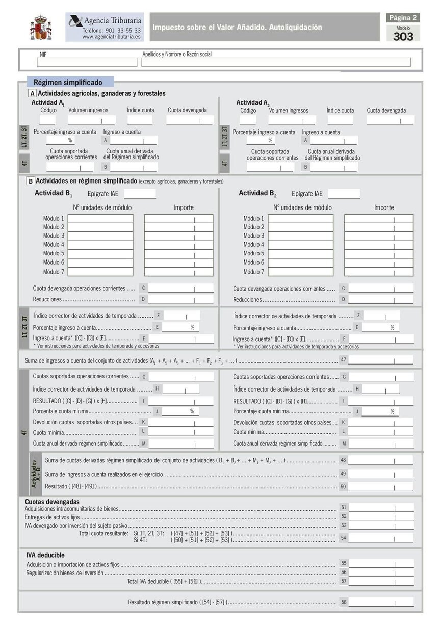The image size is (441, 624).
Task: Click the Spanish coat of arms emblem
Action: click(41, 28)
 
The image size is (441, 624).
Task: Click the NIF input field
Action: click(79, 62)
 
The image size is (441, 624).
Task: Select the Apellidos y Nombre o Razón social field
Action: click(276, 62)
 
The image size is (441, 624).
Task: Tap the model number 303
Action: click(403, 36)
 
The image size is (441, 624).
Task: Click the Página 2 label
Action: click(403, 18)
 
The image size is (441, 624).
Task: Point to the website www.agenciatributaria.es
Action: click(112, 37)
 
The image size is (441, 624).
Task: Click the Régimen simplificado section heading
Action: click(68, 82)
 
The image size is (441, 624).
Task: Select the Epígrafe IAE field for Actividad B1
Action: click(140, 194)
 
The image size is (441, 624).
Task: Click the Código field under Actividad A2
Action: click(248, 120)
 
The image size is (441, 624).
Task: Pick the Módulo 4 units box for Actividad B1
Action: click(100, 245)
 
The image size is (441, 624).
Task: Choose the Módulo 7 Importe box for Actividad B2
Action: click(378, 272)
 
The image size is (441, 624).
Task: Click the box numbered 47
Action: click(344, 360)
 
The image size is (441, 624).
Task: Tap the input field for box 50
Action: click(381, 486)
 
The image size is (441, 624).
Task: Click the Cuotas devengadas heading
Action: click(52, 502)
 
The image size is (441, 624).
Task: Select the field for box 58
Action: click(381, 602)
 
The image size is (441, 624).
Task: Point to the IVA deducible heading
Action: click(46, 555)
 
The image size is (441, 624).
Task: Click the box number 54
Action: click(344, 537)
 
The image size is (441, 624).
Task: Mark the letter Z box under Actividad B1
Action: click(159, 316)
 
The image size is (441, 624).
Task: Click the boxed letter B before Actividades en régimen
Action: click(31, 181)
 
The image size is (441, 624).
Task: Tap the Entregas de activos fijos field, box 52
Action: click(381, 516)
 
